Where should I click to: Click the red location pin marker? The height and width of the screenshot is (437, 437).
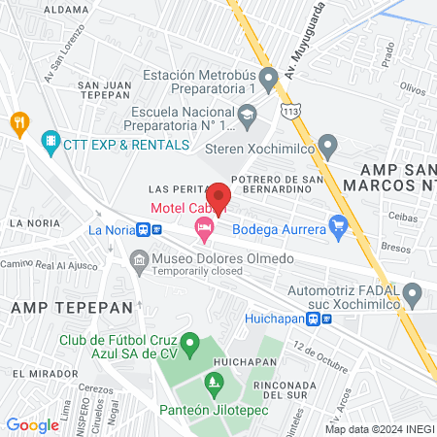tap(218, 196)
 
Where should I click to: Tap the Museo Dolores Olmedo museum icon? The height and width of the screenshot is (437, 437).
tap(139, 259)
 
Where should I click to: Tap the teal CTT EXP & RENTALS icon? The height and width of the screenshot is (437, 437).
tap(50, 144)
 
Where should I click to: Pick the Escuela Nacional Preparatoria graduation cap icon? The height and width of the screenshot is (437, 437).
tap(249, 117)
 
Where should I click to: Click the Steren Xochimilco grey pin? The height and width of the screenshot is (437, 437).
tap(328, 147)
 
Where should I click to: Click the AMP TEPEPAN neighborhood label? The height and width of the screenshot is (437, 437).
tap(57, 306)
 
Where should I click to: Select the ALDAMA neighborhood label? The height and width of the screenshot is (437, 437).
tap(40, 9)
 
